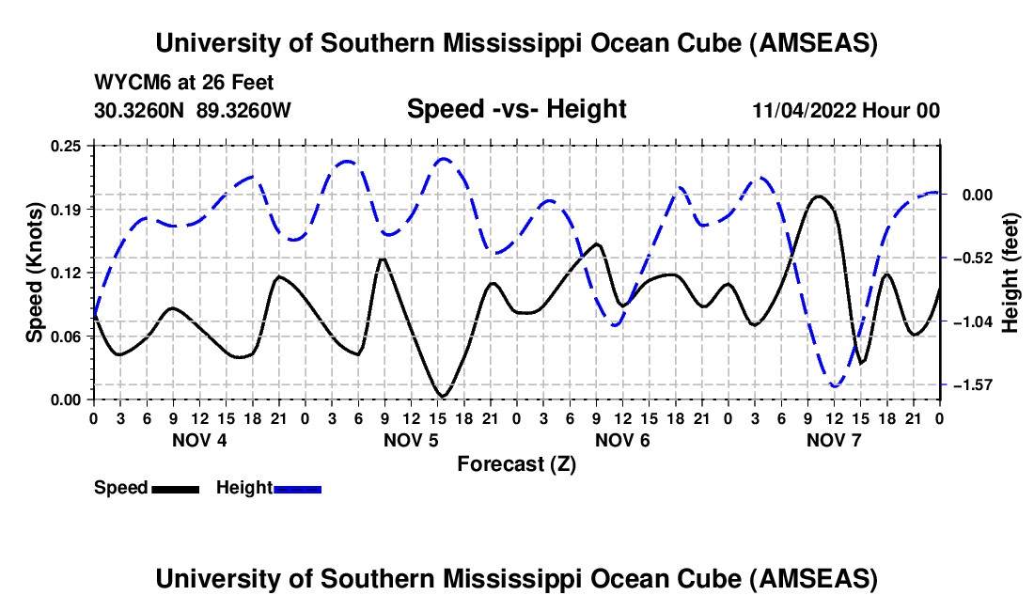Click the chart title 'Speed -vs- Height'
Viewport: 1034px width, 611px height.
click(x=516, y=110)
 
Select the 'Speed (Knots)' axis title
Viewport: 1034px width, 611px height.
click(x=35, y=273)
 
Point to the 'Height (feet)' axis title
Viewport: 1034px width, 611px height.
click(x=1010, y=273)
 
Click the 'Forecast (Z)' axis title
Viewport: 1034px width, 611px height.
click(x=516, y=464)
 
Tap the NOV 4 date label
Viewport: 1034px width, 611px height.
click(x=198, y=440)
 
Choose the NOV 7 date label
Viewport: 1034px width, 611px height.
click(x=833, y=440)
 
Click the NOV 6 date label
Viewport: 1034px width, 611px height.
click(x=621, y=440)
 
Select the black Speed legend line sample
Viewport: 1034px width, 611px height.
click(x=175, y=489)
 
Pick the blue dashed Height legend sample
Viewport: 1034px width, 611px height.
click(x=298, y=489)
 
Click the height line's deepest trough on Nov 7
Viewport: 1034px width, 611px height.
click(x=834, y=385)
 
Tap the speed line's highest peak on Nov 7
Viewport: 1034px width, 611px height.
click(x=819, y=196)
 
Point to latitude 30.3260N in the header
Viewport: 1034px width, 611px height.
click(x=141, y=111)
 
